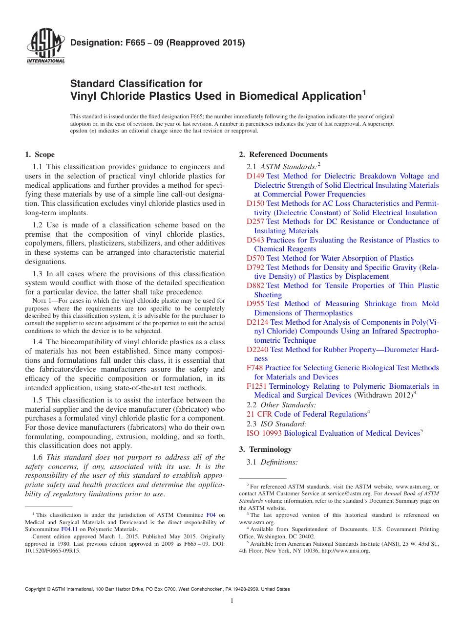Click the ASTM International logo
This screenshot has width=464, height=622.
click(45, 47)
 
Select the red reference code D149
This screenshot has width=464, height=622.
click(255, 176)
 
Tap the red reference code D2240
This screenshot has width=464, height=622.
click(257, 350)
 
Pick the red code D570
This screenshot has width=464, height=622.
click(255, 258)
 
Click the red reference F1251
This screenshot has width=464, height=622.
click(256, 386)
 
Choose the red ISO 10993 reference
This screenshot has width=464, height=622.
click(264, 433)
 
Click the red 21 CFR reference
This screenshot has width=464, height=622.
click(259, 414)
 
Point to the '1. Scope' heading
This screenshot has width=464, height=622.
click(40, 155)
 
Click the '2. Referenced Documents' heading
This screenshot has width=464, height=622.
click(283, 155)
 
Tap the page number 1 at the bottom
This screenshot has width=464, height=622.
click(232, 601)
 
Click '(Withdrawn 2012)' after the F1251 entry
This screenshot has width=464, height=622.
click(382, 395)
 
